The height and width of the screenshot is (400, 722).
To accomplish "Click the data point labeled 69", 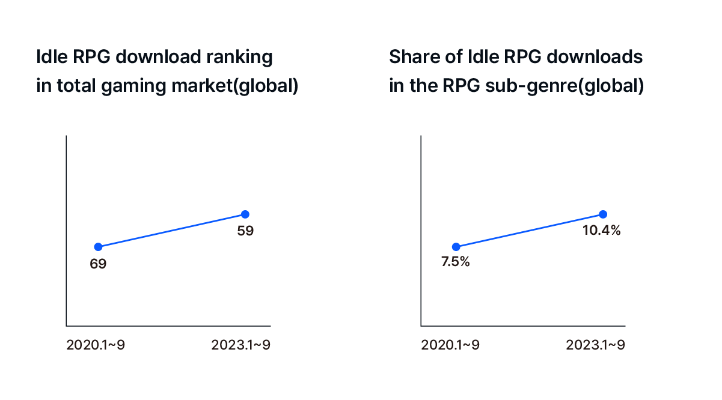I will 98,246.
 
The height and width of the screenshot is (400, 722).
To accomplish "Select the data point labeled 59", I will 245,214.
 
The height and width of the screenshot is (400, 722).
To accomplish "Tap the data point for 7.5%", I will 456,246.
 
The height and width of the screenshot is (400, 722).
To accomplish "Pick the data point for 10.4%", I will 603,214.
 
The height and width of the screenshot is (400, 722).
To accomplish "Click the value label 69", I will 98,263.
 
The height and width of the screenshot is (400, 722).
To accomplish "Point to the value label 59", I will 245,230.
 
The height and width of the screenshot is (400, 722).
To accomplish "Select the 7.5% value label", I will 455,263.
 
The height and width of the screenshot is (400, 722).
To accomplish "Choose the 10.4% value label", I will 601,230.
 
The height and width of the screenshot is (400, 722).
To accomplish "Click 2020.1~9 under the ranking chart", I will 96,345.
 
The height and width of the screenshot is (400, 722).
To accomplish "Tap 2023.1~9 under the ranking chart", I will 241,345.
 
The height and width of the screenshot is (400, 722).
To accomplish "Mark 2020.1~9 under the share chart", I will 450,345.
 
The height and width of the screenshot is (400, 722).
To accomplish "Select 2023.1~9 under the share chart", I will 596,345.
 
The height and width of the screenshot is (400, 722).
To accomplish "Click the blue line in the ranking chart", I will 171,231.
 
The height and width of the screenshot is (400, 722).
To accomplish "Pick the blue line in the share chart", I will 529,231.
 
